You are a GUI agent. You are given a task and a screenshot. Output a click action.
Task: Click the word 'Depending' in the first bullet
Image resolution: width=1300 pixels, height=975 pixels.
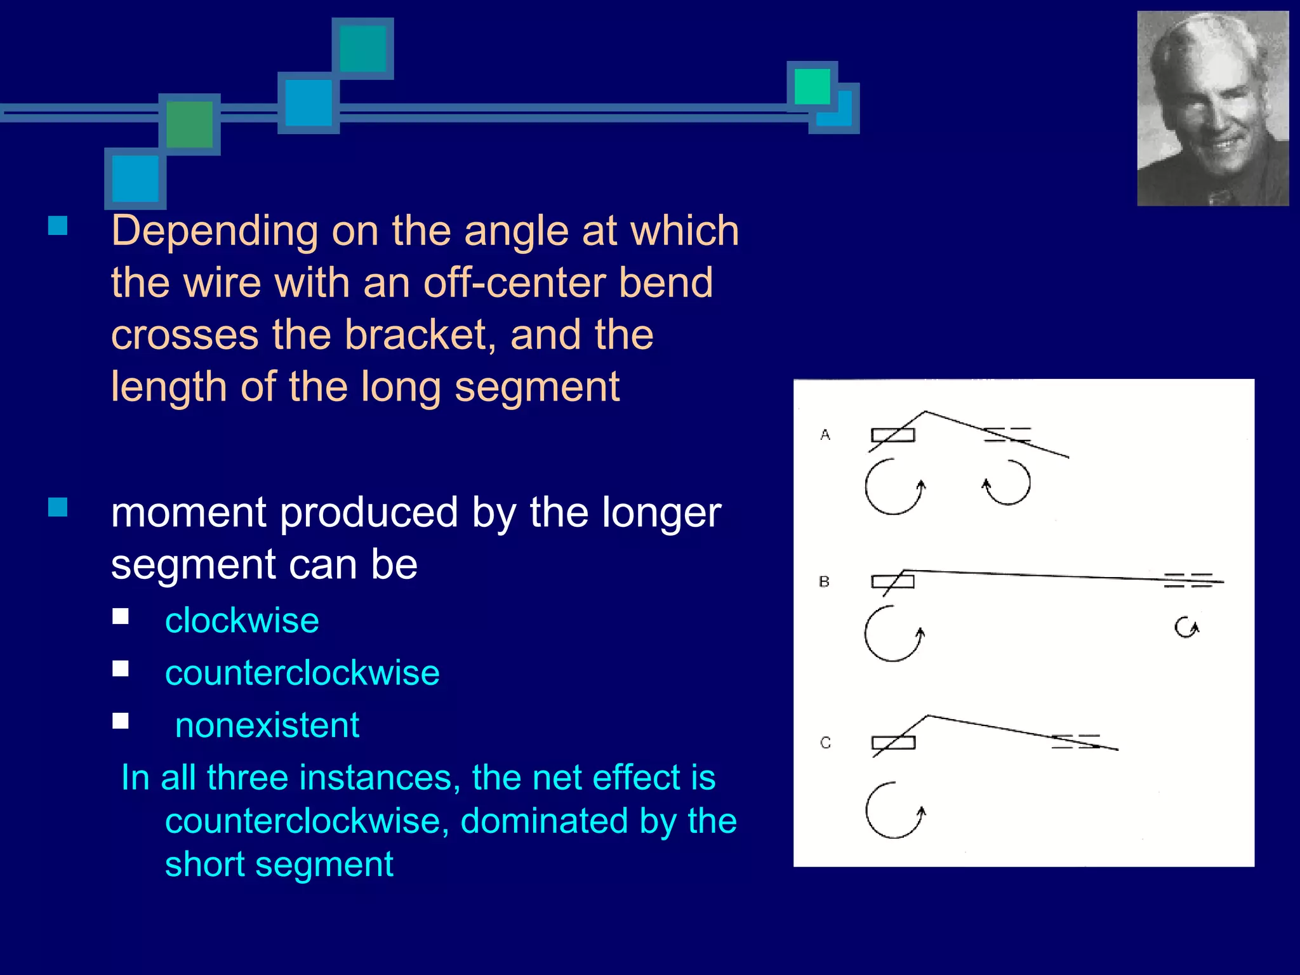tap(215, 231)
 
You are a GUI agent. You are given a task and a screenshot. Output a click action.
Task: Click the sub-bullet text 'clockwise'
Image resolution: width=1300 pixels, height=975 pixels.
tap(242, 620)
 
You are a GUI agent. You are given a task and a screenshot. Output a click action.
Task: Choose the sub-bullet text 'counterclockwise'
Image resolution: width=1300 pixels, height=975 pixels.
tap(302, 673)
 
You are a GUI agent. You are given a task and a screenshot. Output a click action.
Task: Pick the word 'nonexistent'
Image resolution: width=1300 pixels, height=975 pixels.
tap(267, 725)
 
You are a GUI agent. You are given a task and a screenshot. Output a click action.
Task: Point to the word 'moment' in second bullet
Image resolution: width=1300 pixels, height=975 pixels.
tap(189, 512)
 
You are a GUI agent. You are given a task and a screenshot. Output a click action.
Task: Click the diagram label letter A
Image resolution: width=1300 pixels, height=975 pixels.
tap(825, 435)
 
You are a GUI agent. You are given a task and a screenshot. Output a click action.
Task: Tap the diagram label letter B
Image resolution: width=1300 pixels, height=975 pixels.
tap(825, 581)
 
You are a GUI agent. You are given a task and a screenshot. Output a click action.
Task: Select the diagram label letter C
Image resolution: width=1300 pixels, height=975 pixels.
tap(825, 743)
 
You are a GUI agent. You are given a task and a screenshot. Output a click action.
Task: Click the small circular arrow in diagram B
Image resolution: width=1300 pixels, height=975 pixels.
tap(1186, 628)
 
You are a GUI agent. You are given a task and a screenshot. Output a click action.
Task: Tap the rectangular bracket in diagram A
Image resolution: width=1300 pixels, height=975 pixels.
tap(893, 435)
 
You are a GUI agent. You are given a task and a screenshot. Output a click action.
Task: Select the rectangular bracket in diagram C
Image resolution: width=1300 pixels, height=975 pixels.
tap(894, 743)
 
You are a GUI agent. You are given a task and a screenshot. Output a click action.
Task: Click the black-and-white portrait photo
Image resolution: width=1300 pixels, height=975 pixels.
tap(1212, 109)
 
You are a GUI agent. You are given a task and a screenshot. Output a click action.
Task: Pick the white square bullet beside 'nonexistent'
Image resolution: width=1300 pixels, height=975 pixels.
tap(121, 720)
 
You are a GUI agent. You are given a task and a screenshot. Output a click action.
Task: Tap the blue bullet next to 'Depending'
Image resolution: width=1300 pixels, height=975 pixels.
tap(58, 226)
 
